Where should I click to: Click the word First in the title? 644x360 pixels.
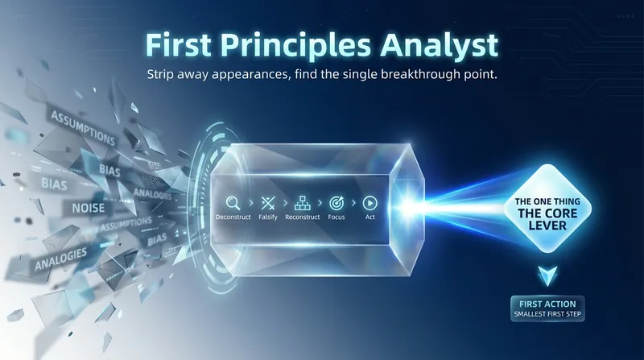[x=178, y=44]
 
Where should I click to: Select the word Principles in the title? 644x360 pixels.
[x=295, y=46]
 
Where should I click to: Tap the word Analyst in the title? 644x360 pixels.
[x=439, y=46]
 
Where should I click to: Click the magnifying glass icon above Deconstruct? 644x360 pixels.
[x=233, y=203]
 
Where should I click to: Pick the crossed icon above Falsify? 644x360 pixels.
[x=268, y=203]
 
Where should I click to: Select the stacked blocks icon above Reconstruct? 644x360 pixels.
[x=303, y=203]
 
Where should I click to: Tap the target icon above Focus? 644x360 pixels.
[x=336, y=203]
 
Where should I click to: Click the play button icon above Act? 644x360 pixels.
[x=369, y=203]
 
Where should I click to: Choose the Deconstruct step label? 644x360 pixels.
[x=233, y=217]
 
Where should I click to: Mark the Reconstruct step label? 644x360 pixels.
[x=303, y=217]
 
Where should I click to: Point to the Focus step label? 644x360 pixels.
[x=336, y=217]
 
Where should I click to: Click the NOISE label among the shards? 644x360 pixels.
[x=89, y=209]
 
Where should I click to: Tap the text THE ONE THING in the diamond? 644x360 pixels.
[x=547, y=201]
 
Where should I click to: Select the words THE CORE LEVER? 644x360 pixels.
[x=547, y=219]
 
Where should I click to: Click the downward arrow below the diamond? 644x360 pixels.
[x=547, y=275]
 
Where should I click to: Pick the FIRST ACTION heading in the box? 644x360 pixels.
[x=547, y=304]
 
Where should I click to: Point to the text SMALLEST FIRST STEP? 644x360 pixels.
[x=547, y=314]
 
